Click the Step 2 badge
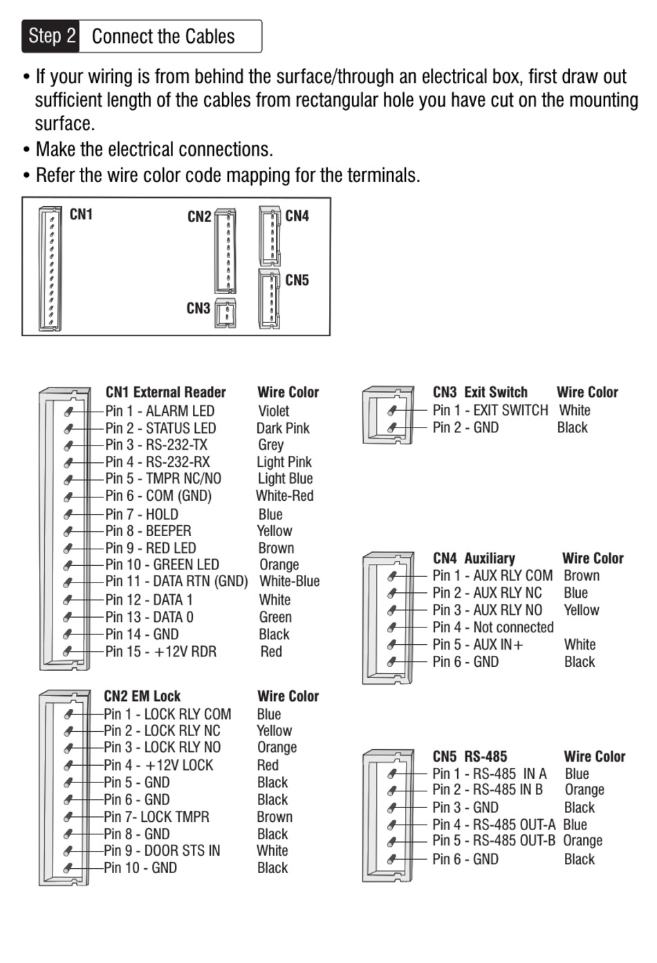52,36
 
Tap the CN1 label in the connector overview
81,214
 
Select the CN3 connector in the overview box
225,312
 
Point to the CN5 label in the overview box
297,280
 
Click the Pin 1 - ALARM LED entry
159,411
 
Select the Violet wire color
273,411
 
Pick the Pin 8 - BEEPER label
148,531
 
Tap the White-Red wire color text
284,496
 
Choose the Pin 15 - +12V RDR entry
160,652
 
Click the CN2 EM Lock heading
142,696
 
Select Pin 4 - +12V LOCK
158,765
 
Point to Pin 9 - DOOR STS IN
162,851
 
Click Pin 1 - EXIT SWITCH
490,410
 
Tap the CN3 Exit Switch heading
480,392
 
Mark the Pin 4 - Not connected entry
492,627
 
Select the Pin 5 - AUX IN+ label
477,645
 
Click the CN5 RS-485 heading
470,756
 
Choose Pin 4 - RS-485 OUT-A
494,825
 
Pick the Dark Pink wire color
283,428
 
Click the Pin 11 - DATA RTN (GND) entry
176,582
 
